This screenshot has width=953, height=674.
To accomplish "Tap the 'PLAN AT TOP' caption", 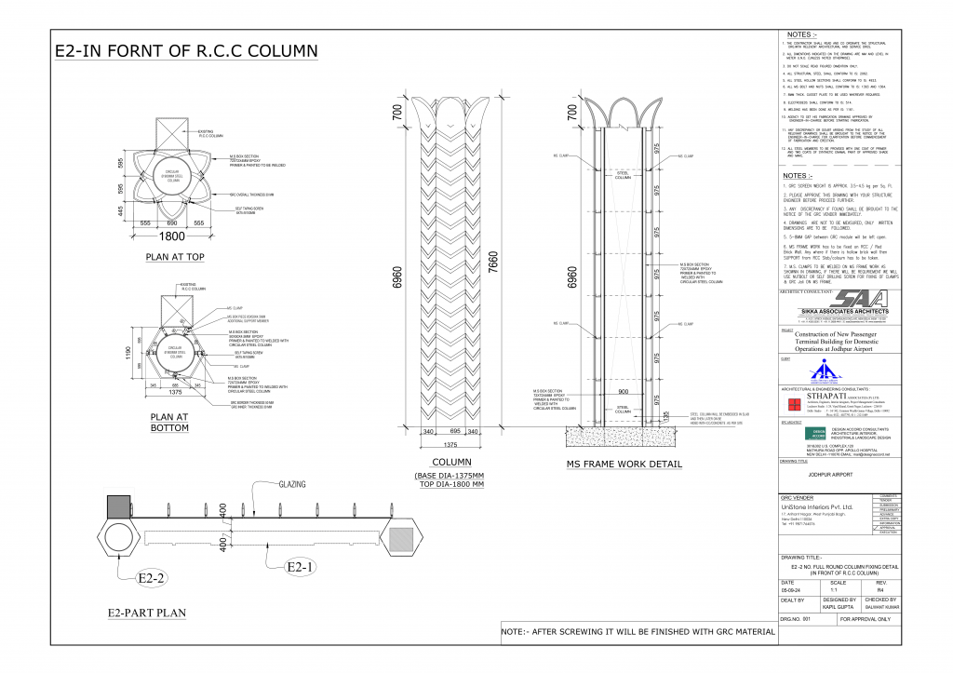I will click(x=175, y=256).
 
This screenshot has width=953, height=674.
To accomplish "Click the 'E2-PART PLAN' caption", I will click(x=146, y=613).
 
